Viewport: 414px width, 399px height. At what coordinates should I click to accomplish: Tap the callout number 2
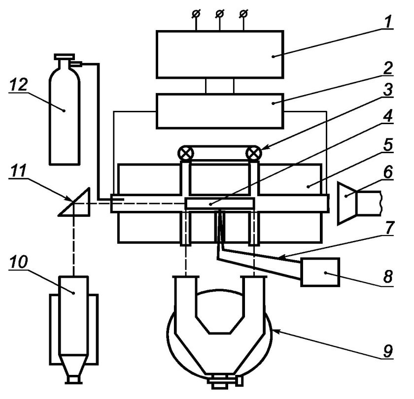pyautogui.click(x=387, y=68)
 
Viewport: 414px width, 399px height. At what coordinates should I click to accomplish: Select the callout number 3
pyautogui.click(x=387, y=90)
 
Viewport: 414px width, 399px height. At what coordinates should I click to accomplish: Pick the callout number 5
pyautogui.click(x=387, y=144)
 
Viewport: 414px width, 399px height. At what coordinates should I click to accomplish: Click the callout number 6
pyautogui.click(x=387, y=172)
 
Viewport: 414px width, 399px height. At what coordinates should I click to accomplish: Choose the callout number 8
pyautogui.click(x=387, y=277)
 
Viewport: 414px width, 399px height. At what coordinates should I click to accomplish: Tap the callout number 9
pyautogui.click(x=387, y=351)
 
